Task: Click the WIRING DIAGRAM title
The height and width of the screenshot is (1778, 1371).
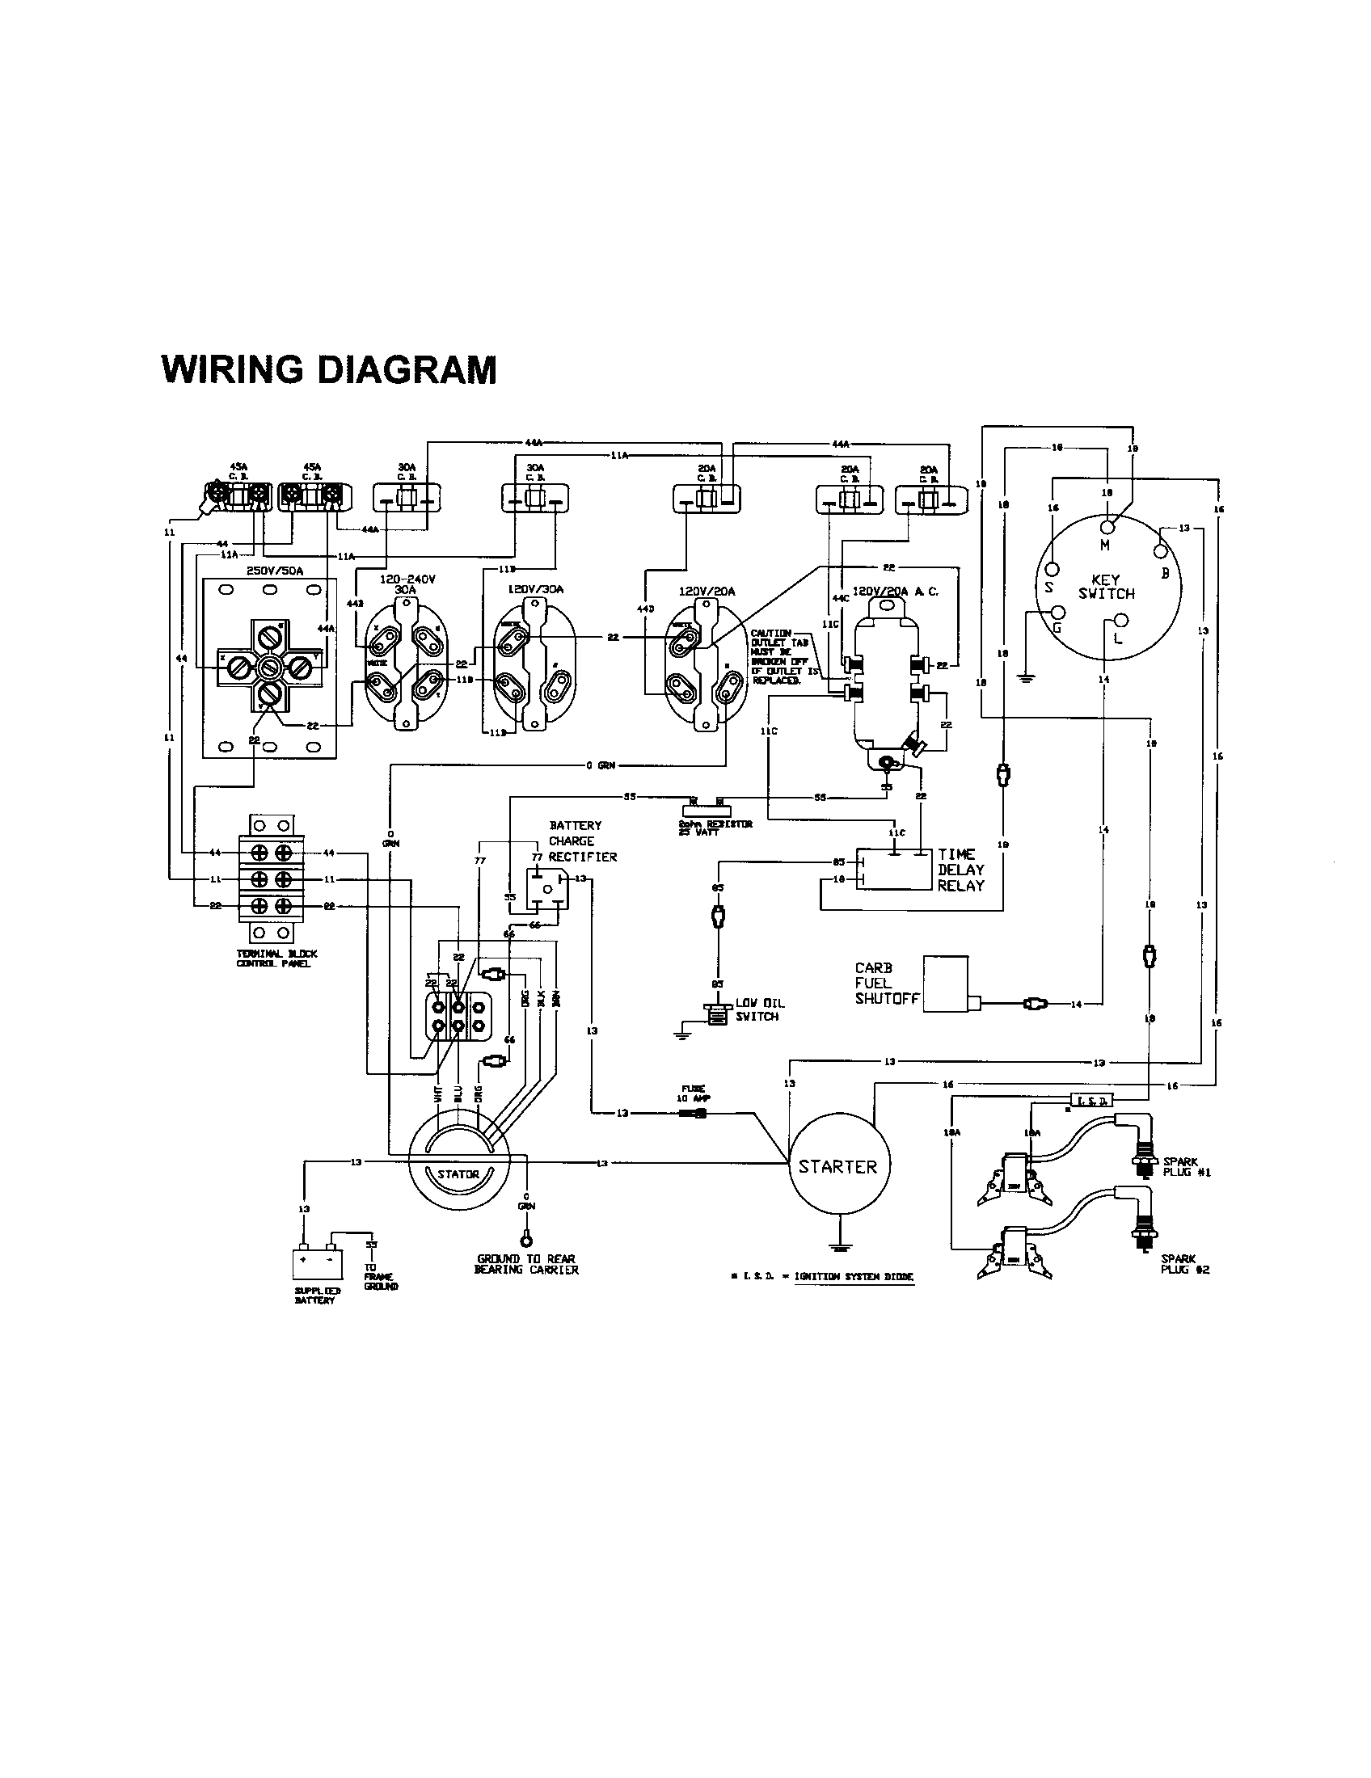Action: point(329,369)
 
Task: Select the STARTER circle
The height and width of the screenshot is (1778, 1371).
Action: point(837,1166)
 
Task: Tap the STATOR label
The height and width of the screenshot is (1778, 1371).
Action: point(458,1174)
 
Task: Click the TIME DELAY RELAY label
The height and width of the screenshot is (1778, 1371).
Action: point(960,870)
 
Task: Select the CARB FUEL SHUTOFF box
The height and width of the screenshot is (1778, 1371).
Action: point(945,984)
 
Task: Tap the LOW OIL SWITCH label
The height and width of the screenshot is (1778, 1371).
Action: point(760,1009)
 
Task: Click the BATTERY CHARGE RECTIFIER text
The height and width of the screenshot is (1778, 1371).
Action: point(581,841)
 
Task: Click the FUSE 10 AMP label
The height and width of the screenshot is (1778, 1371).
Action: point(694,1093)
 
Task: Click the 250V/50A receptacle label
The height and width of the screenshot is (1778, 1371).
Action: point(274,571)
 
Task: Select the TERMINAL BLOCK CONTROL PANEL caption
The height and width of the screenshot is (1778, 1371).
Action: point(276,959)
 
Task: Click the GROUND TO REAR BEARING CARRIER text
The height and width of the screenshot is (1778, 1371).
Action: point(527,1264)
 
